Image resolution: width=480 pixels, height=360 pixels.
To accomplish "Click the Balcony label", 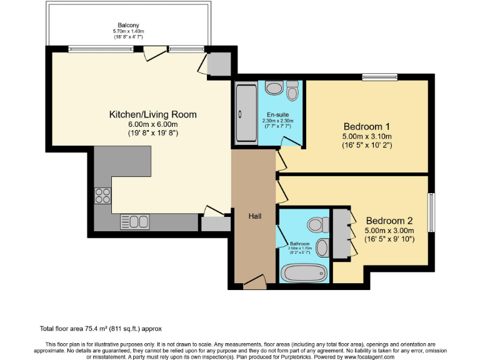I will pyautogui.click(x=129, y=26).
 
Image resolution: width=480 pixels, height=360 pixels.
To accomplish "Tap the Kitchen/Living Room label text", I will pyautogui.click(x=153, y=114).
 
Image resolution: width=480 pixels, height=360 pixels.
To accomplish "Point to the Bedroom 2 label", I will pyautogui.click(x=389, y=221).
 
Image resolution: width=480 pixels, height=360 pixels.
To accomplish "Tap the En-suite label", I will pyautogui.click(x=277, y=115).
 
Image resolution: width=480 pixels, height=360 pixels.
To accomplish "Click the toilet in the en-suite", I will pyautogui.click(x=292, y=92).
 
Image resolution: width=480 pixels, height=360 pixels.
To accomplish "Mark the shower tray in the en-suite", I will pyautogui.click(x=242, y=114).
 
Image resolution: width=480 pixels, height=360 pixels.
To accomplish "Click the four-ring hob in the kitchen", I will pyautogui.click(x=102, y=196).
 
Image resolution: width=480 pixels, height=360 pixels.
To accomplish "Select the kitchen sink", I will pyautogui.click(x=135, y=221).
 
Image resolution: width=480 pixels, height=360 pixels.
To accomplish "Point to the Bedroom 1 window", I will pyautogui.click(x=379, y=77).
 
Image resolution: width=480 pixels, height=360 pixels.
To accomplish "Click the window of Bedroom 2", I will pyautogui.click(x=431, y=212).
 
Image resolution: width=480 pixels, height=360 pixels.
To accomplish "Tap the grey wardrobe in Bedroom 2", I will pyautogui.click(x=341, y=233).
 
